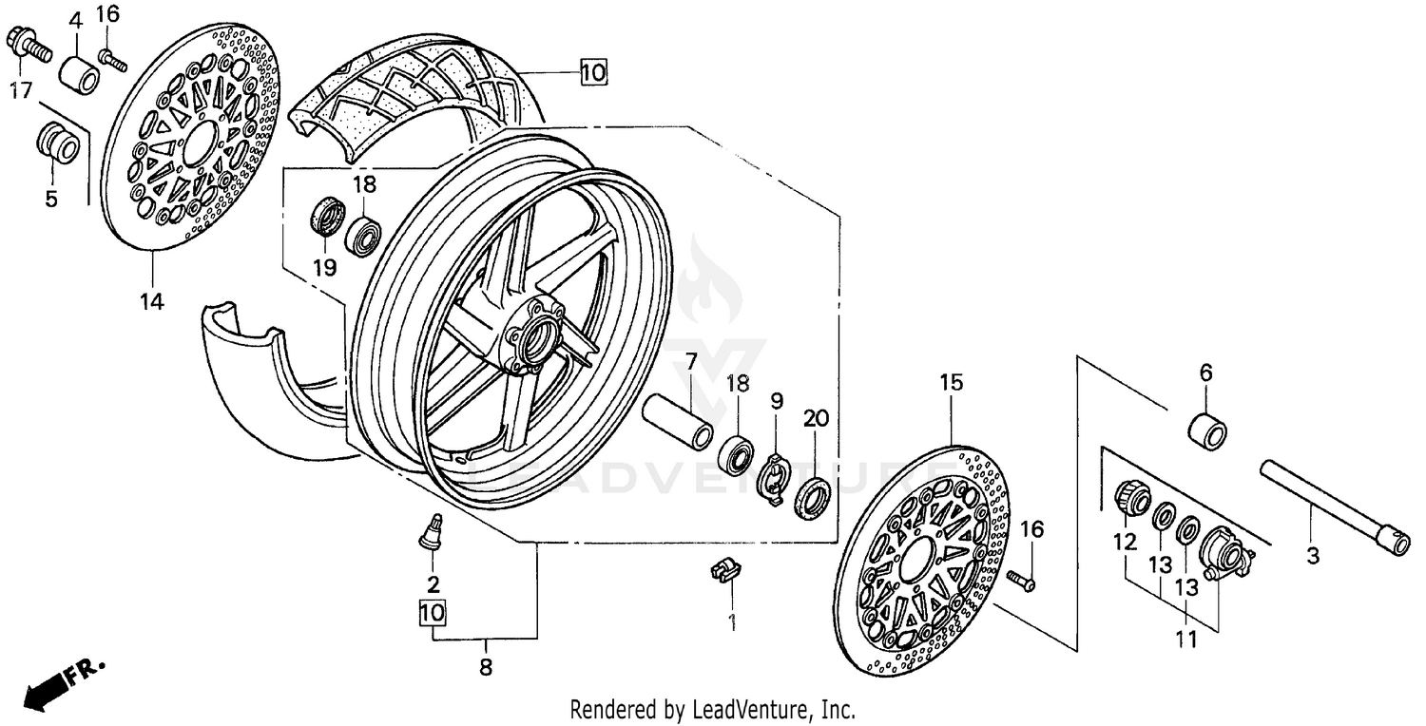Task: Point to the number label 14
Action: click(x=151, y=302)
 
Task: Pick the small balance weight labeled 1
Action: click(x=724, y=569)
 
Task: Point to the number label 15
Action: click(x=952, y=382)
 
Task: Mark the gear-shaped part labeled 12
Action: click(x=1128, y=498)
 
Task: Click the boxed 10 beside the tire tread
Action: click(x=592, y=71)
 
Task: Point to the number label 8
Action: click(x=486, y=667)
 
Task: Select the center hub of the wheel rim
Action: click(x=534, y=334)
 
